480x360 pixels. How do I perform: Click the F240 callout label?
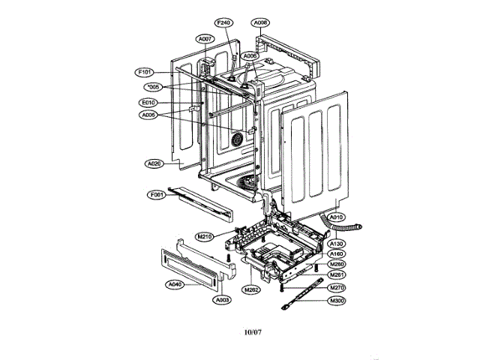click(x=224, y=23)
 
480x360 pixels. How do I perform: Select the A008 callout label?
click(x=261, y=23)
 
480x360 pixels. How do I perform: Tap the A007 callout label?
click(x=205, y=38)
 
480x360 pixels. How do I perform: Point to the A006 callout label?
click(x=250, y=56)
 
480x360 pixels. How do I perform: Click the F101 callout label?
click(x=145, y=72)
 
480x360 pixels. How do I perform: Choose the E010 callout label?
click(x=148, y=102)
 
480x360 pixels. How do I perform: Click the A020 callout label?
click(x=154, y=163)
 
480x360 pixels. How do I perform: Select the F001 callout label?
click(x=156, y=195)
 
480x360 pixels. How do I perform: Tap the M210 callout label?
click(x=205, y=236)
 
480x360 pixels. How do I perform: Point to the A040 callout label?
click(x=175, y=284)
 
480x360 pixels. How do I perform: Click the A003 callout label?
click(x=222, y=300)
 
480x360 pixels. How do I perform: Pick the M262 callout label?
click(x=252, y=289)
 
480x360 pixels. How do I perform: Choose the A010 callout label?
click(x=337, y=217)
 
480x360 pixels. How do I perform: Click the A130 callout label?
click(x=337, y=244)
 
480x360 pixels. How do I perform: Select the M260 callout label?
click(x=337, y=265)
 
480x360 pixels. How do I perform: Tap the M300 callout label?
click(x=337, y=301)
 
